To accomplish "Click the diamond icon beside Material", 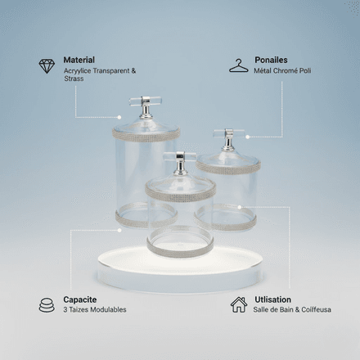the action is (x=47, y=66).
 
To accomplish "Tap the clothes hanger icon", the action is (x=239, y=66).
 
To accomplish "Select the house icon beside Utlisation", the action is (x=239, y=304).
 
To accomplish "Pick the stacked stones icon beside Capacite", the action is (x=47, y=305).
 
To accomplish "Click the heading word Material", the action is (x=79, y=60).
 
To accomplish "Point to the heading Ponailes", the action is (x=271, y=60).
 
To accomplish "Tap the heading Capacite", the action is (x=80, y=299).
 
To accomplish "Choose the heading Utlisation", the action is (x=272, y=299).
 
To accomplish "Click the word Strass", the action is (x=74, y=79).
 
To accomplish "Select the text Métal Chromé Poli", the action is (x=282, y=70).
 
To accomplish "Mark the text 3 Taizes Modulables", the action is (x=95, y=310).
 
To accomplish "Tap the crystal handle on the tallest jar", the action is (x=146, y=101).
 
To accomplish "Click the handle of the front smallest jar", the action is (x=180, y=156).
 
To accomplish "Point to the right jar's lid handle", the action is (x=228, y=133).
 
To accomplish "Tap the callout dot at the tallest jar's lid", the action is (x=119, y=117).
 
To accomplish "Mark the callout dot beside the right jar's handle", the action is (x=248, y=137).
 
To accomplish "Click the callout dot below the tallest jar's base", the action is (x=119, y=231).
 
